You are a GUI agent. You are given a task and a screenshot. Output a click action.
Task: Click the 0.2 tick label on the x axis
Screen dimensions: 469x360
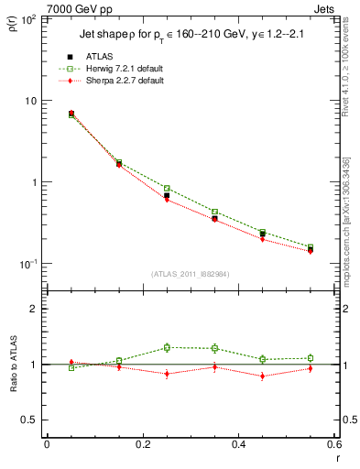pyautogui.click(x=142, y=444)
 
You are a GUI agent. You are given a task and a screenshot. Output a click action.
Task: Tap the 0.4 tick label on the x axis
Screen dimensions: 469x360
pyautogui.click(x=238, y=444)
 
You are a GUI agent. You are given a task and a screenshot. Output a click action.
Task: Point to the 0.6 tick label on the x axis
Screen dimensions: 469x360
pyautogui.click(x=333, y=444)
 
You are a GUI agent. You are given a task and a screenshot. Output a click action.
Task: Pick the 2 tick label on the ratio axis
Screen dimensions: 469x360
pyautogui.click(x=33, y=309)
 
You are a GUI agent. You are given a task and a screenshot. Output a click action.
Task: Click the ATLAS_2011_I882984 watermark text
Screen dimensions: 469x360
pyautogui.click(x=190, y=274)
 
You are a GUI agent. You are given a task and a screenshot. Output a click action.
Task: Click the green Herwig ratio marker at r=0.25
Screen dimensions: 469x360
pyautogui.click(x=167, y=347)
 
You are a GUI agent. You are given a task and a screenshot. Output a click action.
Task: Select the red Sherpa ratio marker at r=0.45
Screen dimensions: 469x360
pyautogui.click(x=263, y=376)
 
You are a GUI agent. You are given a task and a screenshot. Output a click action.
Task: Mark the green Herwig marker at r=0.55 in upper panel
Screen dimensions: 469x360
pyautogui.click(x=311, y=247)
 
